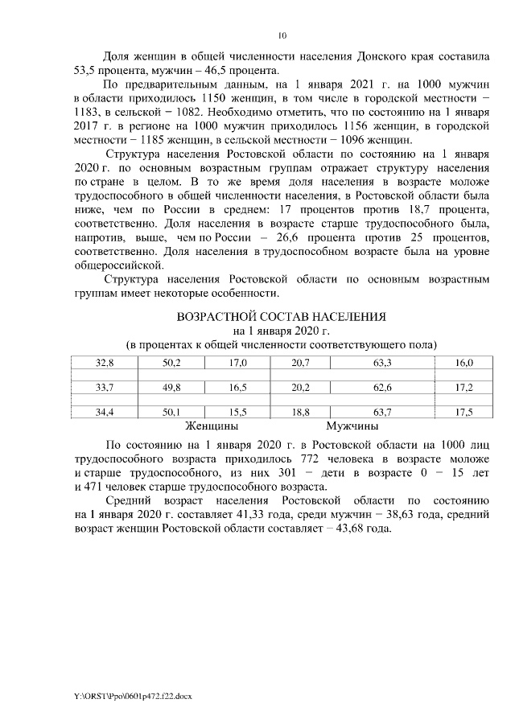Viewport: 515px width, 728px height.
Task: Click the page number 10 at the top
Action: [x=281, y=35]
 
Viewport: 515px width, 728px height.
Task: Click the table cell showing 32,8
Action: [x=104, y=364]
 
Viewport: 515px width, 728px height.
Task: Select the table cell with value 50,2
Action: [x=171, y=364]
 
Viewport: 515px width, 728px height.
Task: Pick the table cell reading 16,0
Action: [x=464, y=364]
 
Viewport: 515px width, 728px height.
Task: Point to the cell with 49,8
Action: [x=171, y=388]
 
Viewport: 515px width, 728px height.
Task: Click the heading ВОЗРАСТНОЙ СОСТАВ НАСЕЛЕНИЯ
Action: [x=281, y=315]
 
